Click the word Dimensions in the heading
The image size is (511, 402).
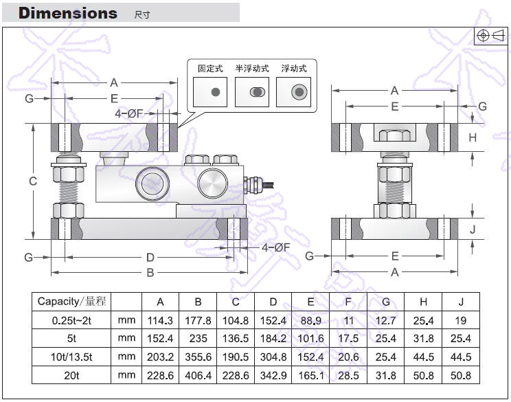tap(67, 13)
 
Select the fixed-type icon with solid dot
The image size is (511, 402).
tap(215, 92)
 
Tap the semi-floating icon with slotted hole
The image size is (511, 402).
tap(257, 92)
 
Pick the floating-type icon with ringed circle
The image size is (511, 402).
tap(299, 92)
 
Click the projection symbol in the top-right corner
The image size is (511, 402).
tap(490, 36)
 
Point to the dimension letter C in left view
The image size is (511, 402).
tap(33, 181)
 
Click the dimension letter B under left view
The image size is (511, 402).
tap(150, 273)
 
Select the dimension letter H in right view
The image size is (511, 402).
tap(473, 137)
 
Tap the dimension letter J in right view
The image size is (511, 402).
tap(473, 229)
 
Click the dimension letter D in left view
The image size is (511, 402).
tap(150, 257)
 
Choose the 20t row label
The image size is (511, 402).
tap(72, 375)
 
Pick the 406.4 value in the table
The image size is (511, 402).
tap(198, 375)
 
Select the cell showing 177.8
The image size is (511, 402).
tap(198, 320)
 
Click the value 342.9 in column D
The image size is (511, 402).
tap(273, 375)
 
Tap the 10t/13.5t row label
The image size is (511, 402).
tap(72, 357)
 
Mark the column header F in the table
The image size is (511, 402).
tap(348, 301)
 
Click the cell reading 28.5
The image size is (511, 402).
tap(348, 375)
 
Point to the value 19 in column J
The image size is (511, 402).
tap(461, 320)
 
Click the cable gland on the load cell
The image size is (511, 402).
tap(252, 182)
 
